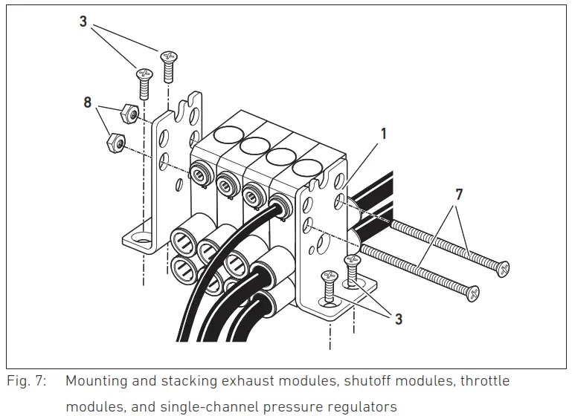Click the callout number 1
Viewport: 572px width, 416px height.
point(385,135)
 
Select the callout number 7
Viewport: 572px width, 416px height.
point(459,195)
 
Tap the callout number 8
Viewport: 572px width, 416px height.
point(88,103)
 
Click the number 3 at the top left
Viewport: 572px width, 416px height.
point(83,22)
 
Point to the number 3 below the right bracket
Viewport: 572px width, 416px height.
point(399,319)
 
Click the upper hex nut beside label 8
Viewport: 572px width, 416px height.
point(127,114)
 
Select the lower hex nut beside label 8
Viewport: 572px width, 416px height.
point(116,140)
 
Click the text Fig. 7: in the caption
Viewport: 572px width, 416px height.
point(28,381)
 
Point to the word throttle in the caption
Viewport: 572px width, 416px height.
point(483,381)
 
